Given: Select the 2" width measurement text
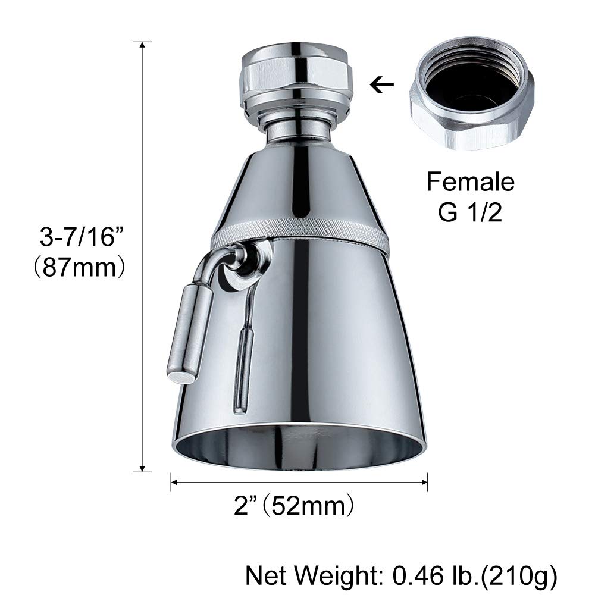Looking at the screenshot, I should pyautogui.click(x=247, y=507).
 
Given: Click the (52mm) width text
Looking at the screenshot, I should pyautogui.click(x=309, y=507).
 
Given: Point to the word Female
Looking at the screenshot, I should pyautogui.click(x=470, y=181).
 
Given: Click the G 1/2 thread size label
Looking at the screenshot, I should pyautogui.click(x=470, y=212).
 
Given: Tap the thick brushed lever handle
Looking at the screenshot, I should pyautogui.click(x=189, y=333).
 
